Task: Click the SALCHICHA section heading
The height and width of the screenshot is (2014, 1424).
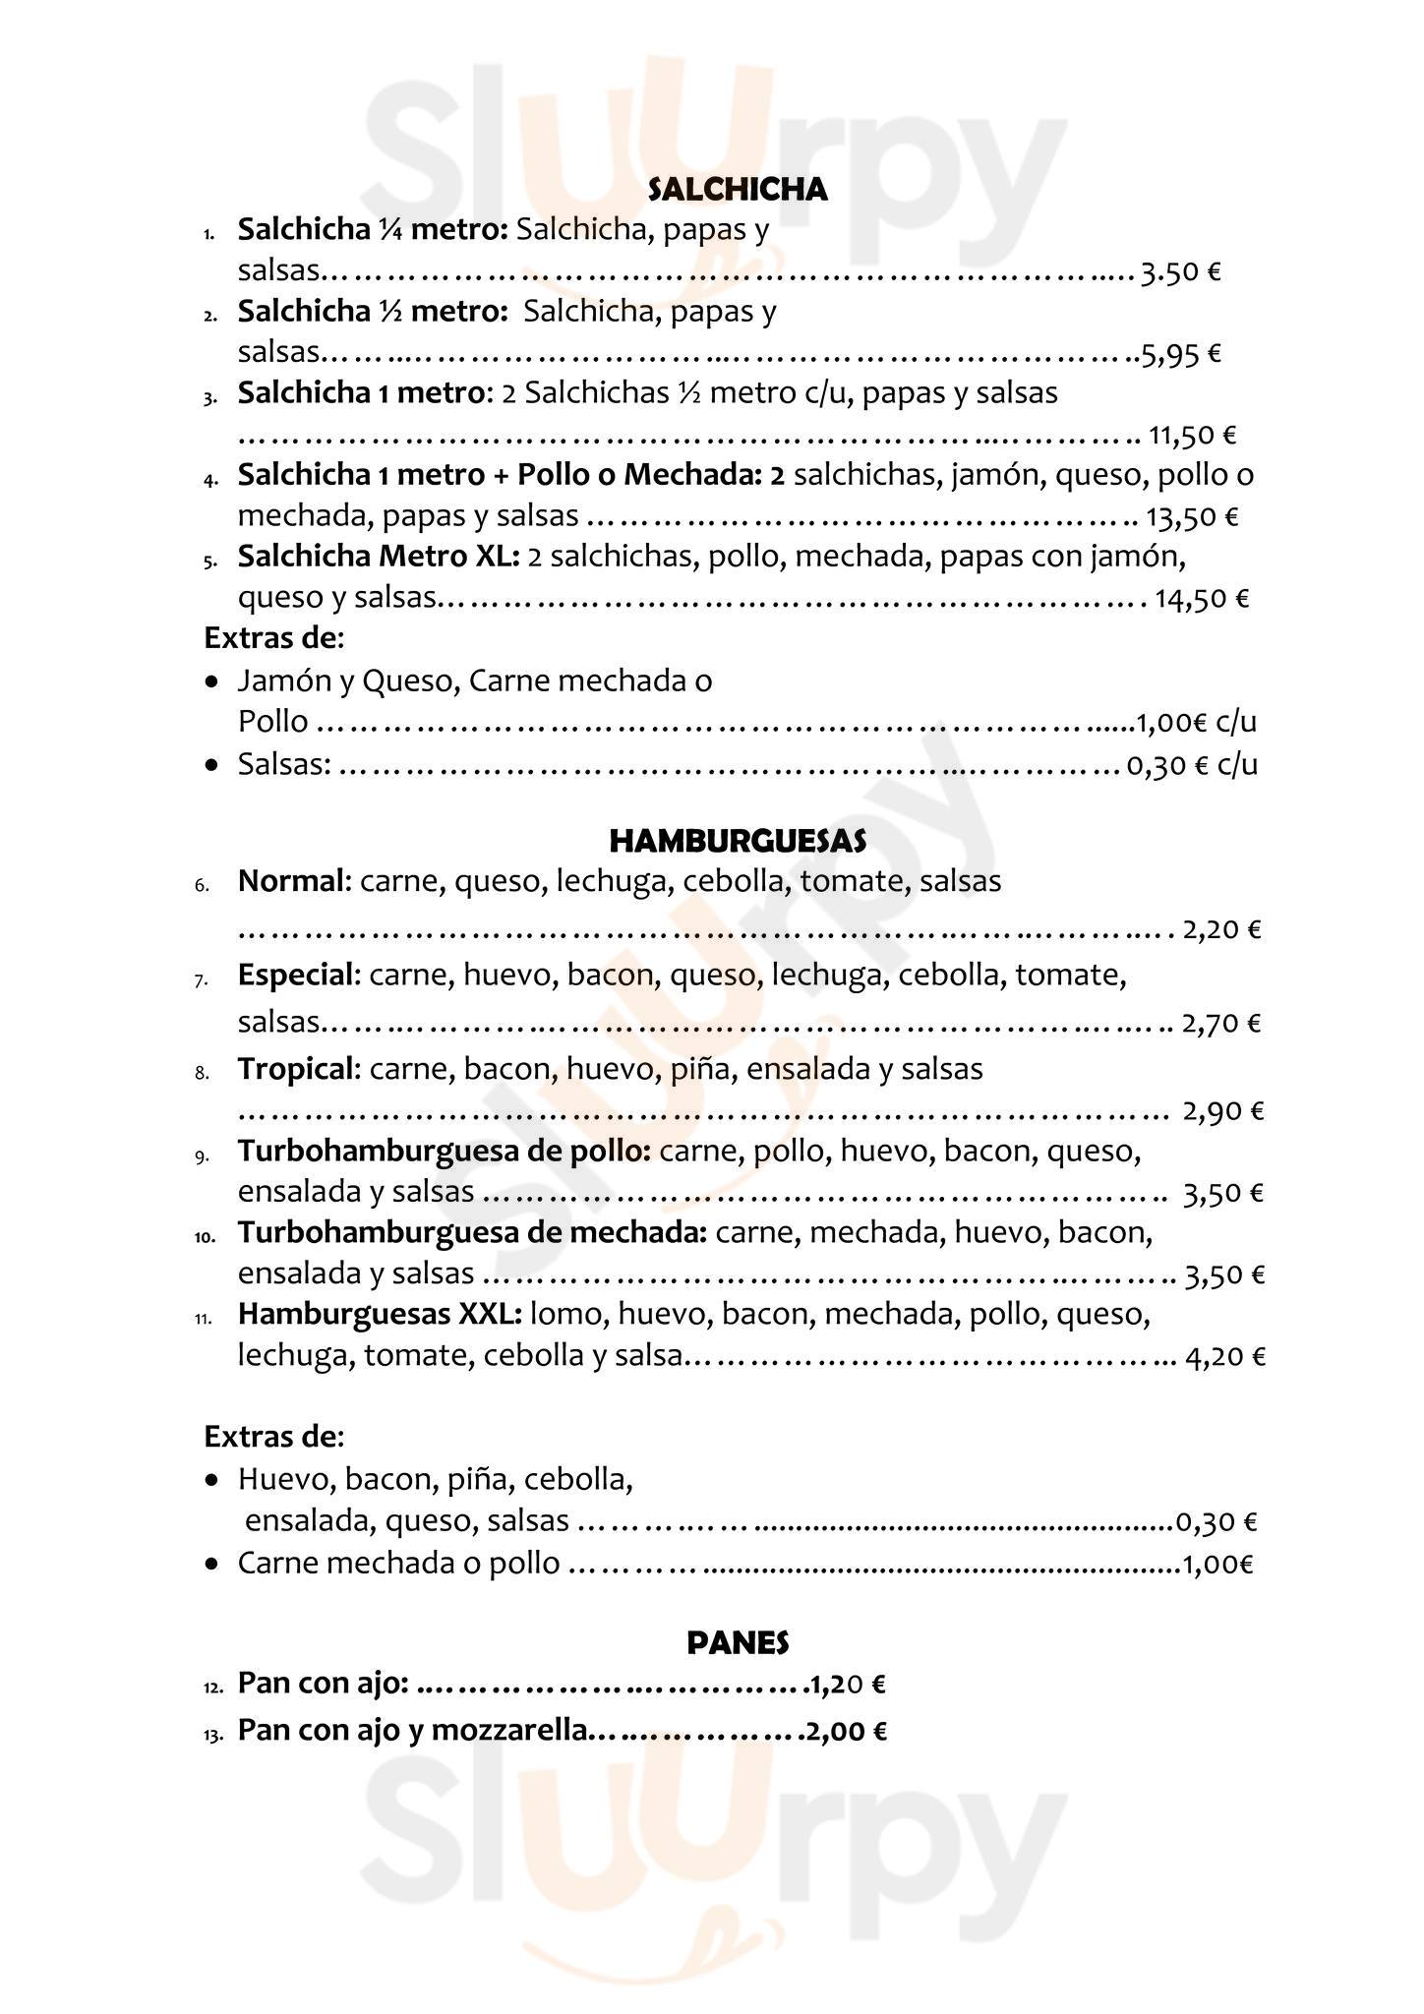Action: [x=738, y=190]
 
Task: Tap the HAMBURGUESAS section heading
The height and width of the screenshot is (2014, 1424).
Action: [x=738, y=841]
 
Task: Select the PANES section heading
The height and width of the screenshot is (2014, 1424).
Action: [x=738, y=1642]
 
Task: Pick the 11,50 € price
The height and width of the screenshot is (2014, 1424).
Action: [x=1192, y=435]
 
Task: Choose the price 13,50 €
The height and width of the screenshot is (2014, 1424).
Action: [x=1194, y=517]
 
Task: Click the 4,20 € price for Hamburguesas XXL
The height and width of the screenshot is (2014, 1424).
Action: [x=1225, y=1358]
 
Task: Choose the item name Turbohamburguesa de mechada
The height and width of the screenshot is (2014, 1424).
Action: [x=472, y=1232]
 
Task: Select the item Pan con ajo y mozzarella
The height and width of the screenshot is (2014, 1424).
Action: [x=413, y=1730]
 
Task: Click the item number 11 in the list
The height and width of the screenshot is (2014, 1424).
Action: [x=204, y=1319]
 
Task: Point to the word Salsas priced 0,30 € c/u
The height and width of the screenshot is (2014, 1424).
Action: [x=283, y=764]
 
